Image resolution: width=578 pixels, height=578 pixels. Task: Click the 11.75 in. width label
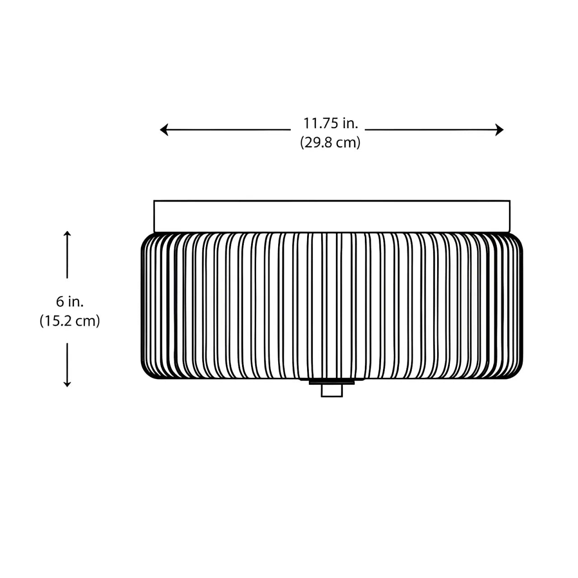coord(331,123)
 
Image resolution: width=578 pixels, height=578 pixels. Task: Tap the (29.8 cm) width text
coord(330,142)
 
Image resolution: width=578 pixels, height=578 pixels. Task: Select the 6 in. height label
coord(70,302)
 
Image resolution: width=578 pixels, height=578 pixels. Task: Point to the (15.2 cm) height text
coord(70,321)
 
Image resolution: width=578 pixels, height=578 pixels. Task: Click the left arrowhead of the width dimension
coord(164,130)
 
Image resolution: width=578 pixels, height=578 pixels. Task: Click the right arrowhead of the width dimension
coord(499,130)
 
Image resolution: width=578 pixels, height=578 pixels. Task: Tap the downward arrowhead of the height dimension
coord(67,384)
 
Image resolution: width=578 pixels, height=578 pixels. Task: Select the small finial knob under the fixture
coord(332,391)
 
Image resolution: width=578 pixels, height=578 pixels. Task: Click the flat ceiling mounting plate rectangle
coord(332,216)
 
